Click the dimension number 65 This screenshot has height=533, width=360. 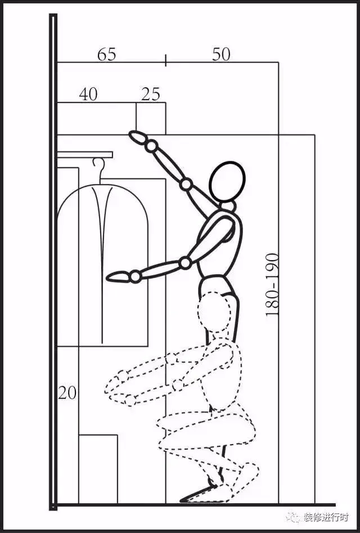pyautogui.click(x=107, y=55)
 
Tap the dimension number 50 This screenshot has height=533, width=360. pyautogui.click(x=221, y=55)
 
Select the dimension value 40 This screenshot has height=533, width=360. pyautogui.click(x=88, y=94)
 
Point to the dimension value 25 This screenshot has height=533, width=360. pyautogui.click(x=150, y=94)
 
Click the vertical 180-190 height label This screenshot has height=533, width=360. pyautogui.click(x=272, y=285)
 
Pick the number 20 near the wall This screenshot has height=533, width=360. pyautogui.click(x=67, y=393)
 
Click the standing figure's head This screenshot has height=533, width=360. pyautogui.click(x=227, y=182)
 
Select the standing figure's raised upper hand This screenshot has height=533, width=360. pyautogui.click(x=138, y=137)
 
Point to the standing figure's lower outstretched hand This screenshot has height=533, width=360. pyautogui.click(x=118, y=277)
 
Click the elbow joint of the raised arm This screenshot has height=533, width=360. pyautogui.click(x=186, y=184)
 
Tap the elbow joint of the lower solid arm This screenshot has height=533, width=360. pyautogui.click(x=185, y=263)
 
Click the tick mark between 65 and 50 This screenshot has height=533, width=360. pyautogui.click(x=166, y=60)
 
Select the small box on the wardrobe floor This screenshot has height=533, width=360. pyautogui.click(x=98, y=469)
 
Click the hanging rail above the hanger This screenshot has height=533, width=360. pyautogui.click(x=85, y=155)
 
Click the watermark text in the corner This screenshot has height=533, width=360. pyautogui.click(x=326, y=517)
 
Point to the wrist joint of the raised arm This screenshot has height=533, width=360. pyautogui.click(x=151, y=146)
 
